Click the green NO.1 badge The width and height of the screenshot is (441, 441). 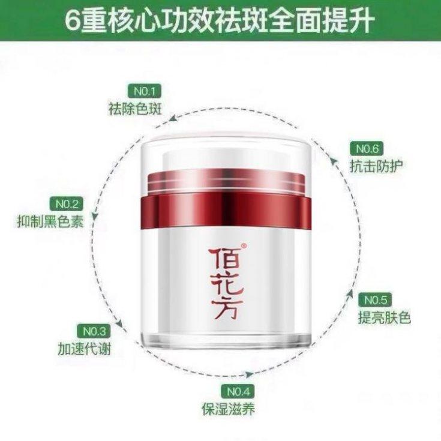(145, 92)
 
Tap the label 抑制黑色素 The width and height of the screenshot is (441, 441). (50, 221)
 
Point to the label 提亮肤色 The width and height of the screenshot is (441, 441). (385, 317)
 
